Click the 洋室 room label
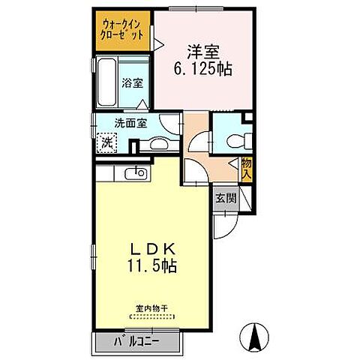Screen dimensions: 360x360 coord(203,52)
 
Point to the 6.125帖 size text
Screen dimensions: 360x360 coord(203,70)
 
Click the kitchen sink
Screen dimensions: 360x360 coord(137,173)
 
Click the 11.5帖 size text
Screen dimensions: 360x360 coord(154,265)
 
